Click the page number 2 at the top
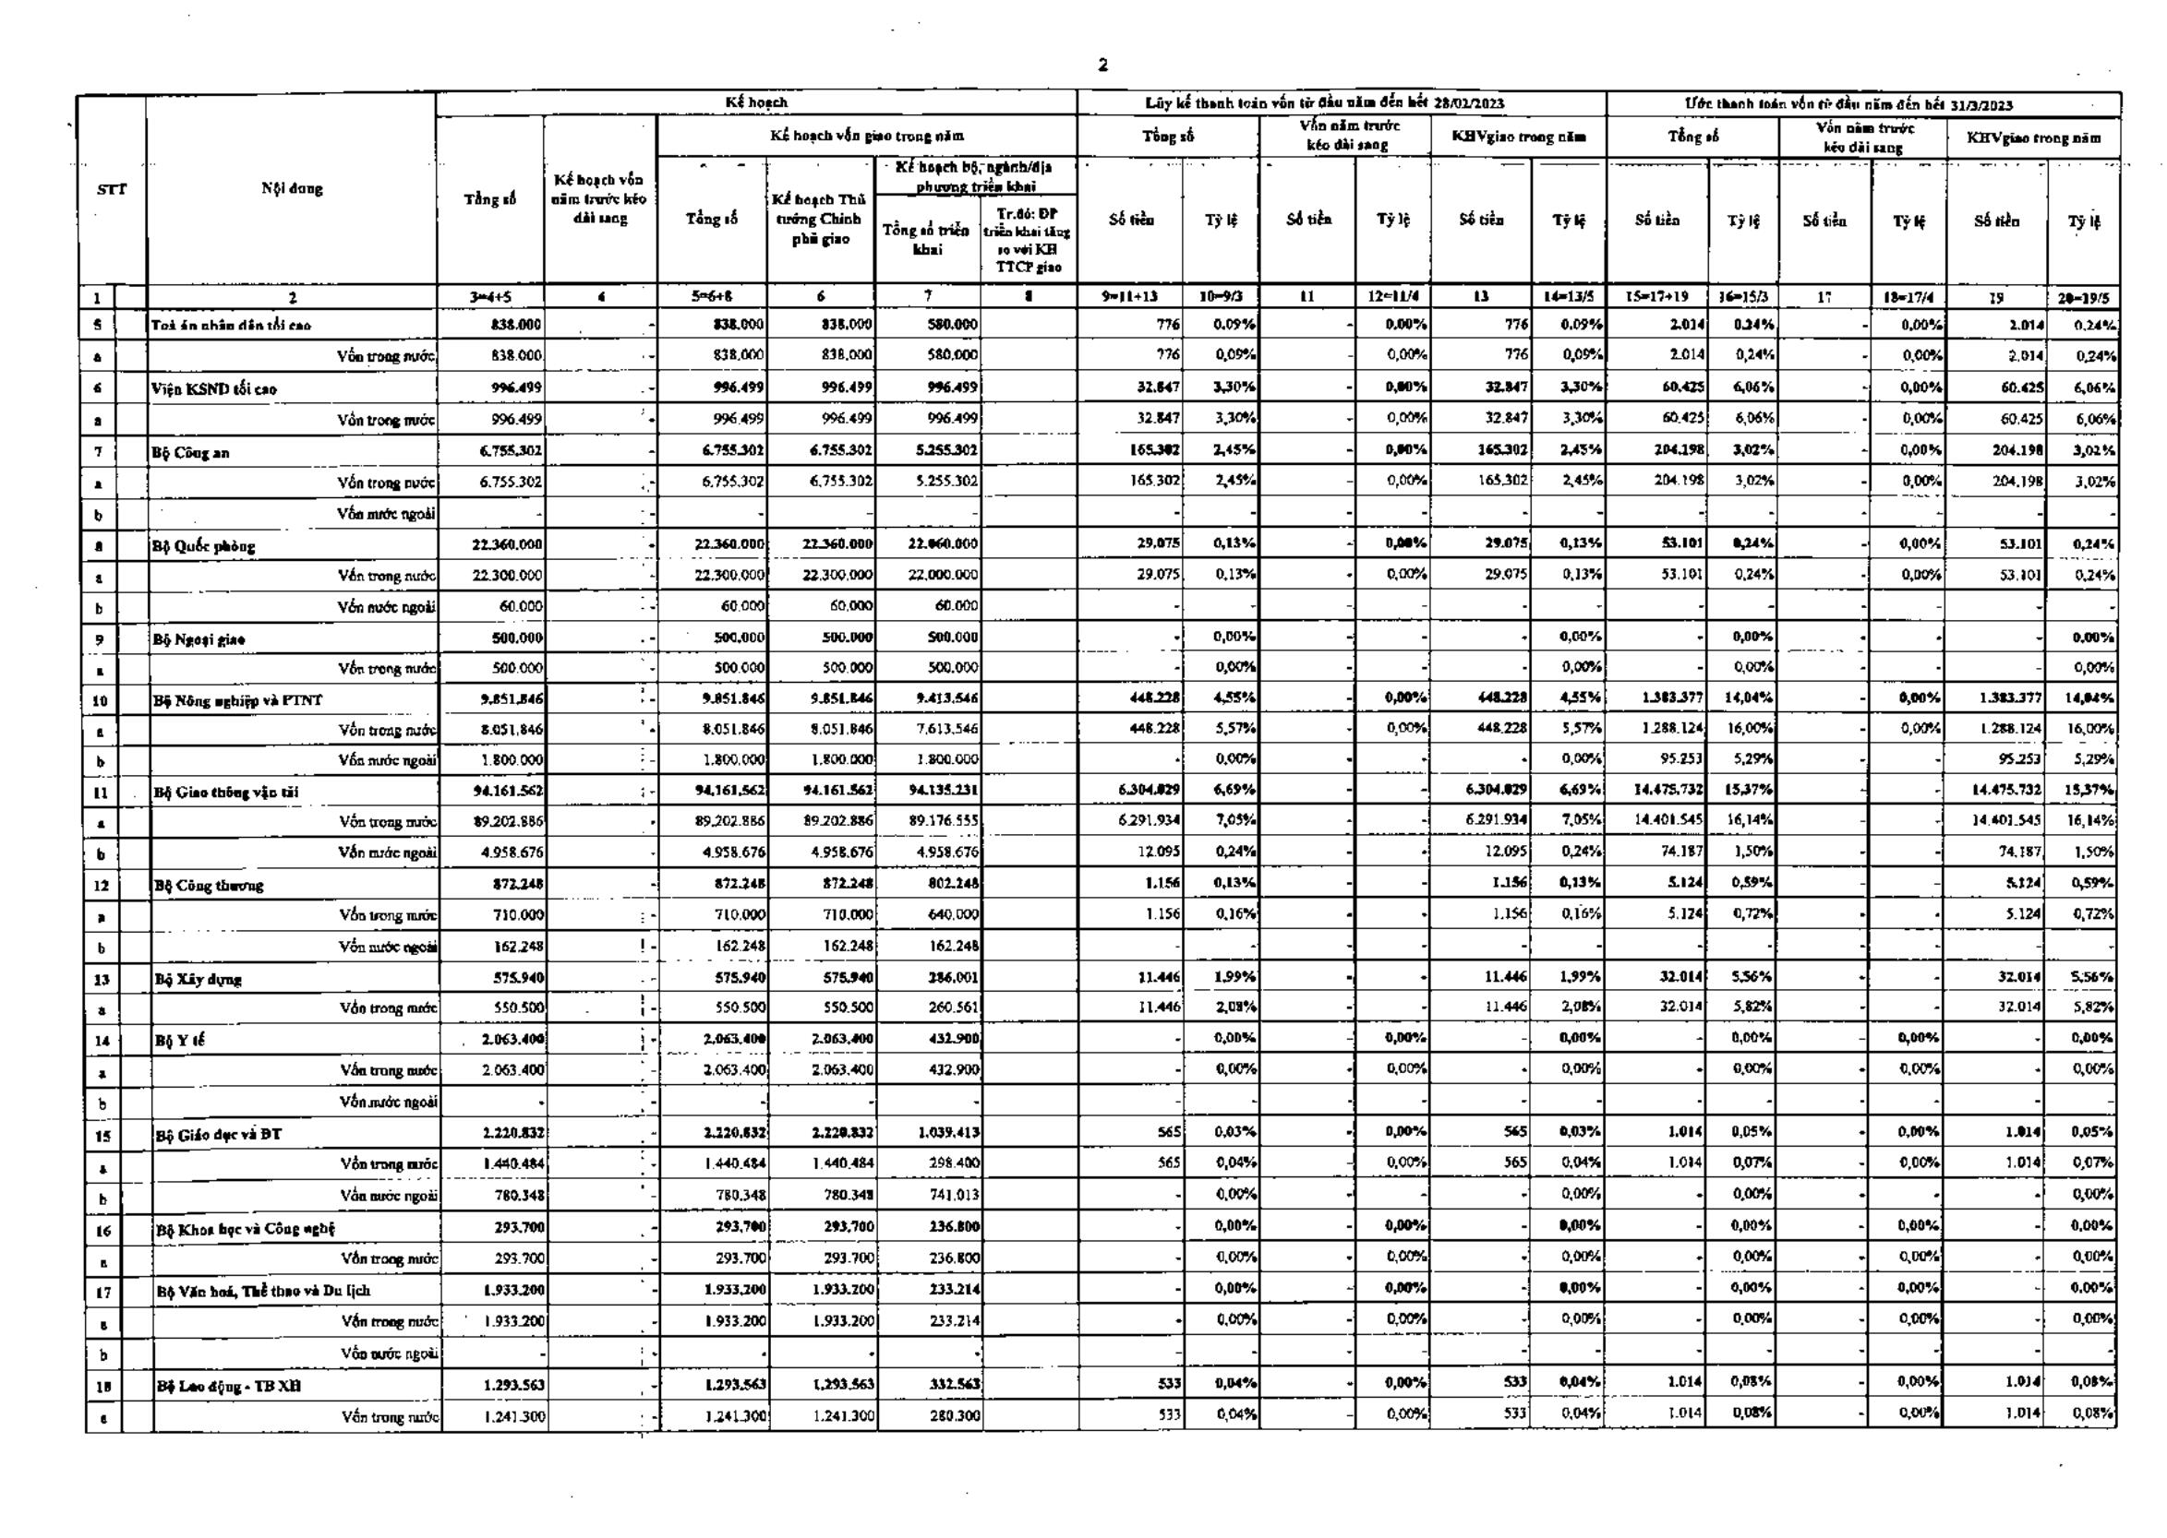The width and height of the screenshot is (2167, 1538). point(1102,66)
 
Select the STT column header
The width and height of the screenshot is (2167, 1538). point(112,188)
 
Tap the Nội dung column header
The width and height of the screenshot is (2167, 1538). point(292,187)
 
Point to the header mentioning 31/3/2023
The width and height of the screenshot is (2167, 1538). point(1861,104)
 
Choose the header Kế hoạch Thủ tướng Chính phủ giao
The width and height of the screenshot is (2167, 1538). point(820,219)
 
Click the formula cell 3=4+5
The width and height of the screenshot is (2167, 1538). point(490,297)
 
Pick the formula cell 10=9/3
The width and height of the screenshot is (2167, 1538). point(1221,296)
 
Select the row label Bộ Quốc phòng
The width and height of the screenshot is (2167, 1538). point(204,546)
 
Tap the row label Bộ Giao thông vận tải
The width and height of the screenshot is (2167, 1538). point(227,792)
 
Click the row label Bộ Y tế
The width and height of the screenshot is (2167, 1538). point(179,1041)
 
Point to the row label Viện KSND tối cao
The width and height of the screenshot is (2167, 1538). point(214,389)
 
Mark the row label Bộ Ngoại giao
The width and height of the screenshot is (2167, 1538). point(200,639)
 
